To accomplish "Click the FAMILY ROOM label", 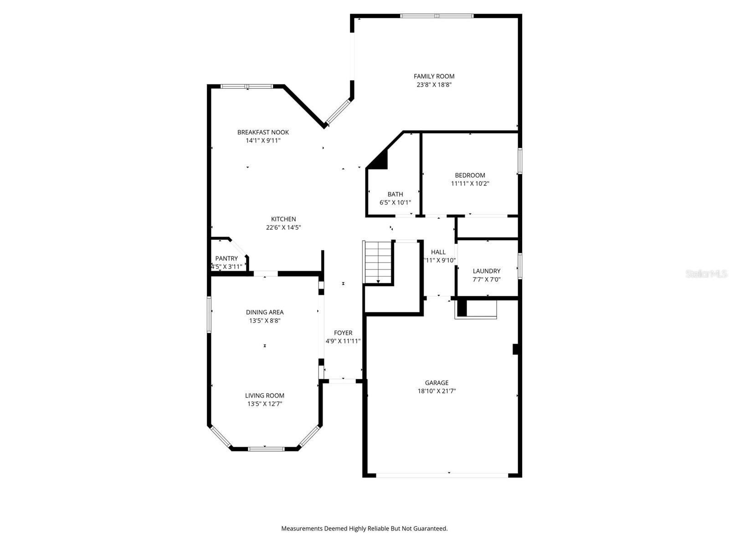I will point(434,77).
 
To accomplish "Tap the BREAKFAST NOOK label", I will point(263,132).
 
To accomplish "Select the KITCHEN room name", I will point(283,219).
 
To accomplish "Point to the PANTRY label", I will point(226,258).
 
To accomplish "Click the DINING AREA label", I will point(265,312).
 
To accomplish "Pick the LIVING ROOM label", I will point(265,396).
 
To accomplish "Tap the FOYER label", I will point(343,333).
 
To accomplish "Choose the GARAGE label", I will point(436,383).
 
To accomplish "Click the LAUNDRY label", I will point(487,271).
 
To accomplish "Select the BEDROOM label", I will point(470,175).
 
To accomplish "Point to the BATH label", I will point(395,194).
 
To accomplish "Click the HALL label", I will point(438,252).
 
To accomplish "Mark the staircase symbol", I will point(378,262).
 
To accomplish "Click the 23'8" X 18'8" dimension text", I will point(434,85).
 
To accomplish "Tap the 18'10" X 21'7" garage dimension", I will point(436,391).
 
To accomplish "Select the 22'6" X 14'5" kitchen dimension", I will point(283,227).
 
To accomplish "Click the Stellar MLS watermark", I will point(707,274).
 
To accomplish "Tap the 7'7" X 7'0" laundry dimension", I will point(487,279).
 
